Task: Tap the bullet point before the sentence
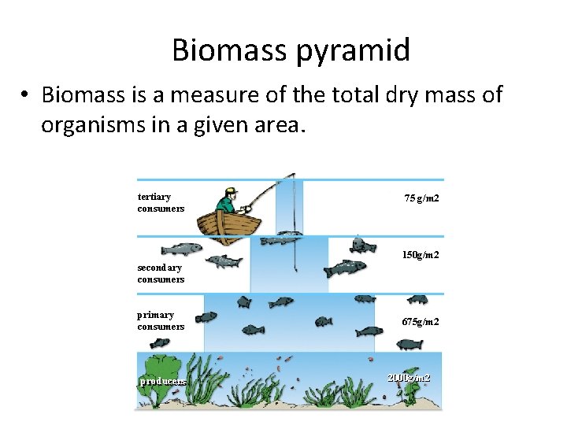pos(26,96)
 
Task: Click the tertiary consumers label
pos(161,202)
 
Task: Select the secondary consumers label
pos(161,273)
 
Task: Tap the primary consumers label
pos(161,320)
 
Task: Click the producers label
pos(163,381)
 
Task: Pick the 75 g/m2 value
pos(421,198)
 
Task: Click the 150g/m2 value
pos(421,255)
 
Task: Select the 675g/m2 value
pos(421,322)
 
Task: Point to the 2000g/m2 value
pos(409,378)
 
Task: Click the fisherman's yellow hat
pos(230,190)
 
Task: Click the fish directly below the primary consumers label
pos(160,343)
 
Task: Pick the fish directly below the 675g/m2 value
pos(409,344)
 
